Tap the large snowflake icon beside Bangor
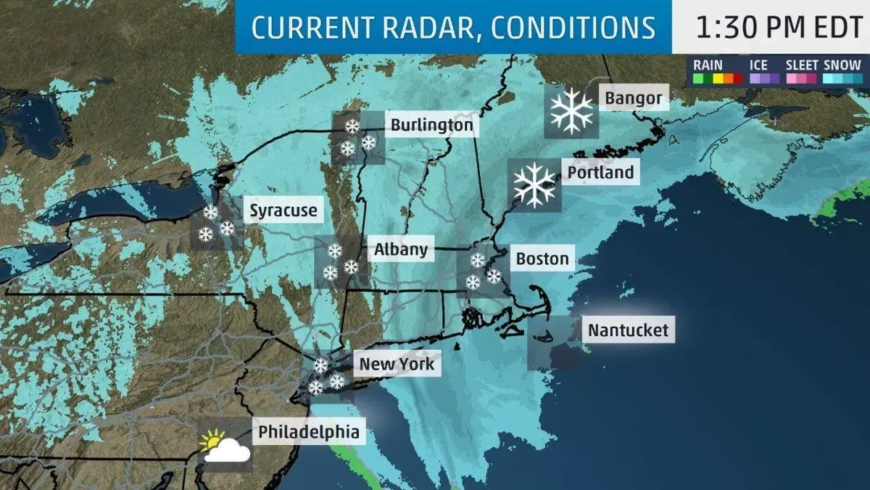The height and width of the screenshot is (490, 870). [571, 112]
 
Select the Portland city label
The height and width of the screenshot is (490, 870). [600, 173]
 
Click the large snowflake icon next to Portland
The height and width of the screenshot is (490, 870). [534, 184]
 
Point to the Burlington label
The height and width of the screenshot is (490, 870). [431, 125]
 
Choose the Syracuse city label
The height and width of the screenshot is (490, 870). [283, 211]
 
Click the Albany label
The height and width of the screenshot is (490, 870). [401, 250]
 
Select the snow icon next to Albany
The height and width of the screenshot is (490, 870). [341, 262]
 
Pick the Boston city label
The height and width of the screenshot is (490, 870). [542, 259]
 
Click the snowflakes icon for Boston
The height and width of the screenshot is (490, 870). [483, 271]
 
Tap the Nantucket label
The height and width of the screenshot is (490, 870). [628, 330]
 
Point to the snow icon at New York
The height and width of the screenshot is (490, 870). [326, 375]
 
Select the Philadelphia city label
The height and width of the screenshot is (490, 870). [308, 432]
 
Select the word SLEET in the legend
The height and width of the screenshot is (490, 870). [802, 65]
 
